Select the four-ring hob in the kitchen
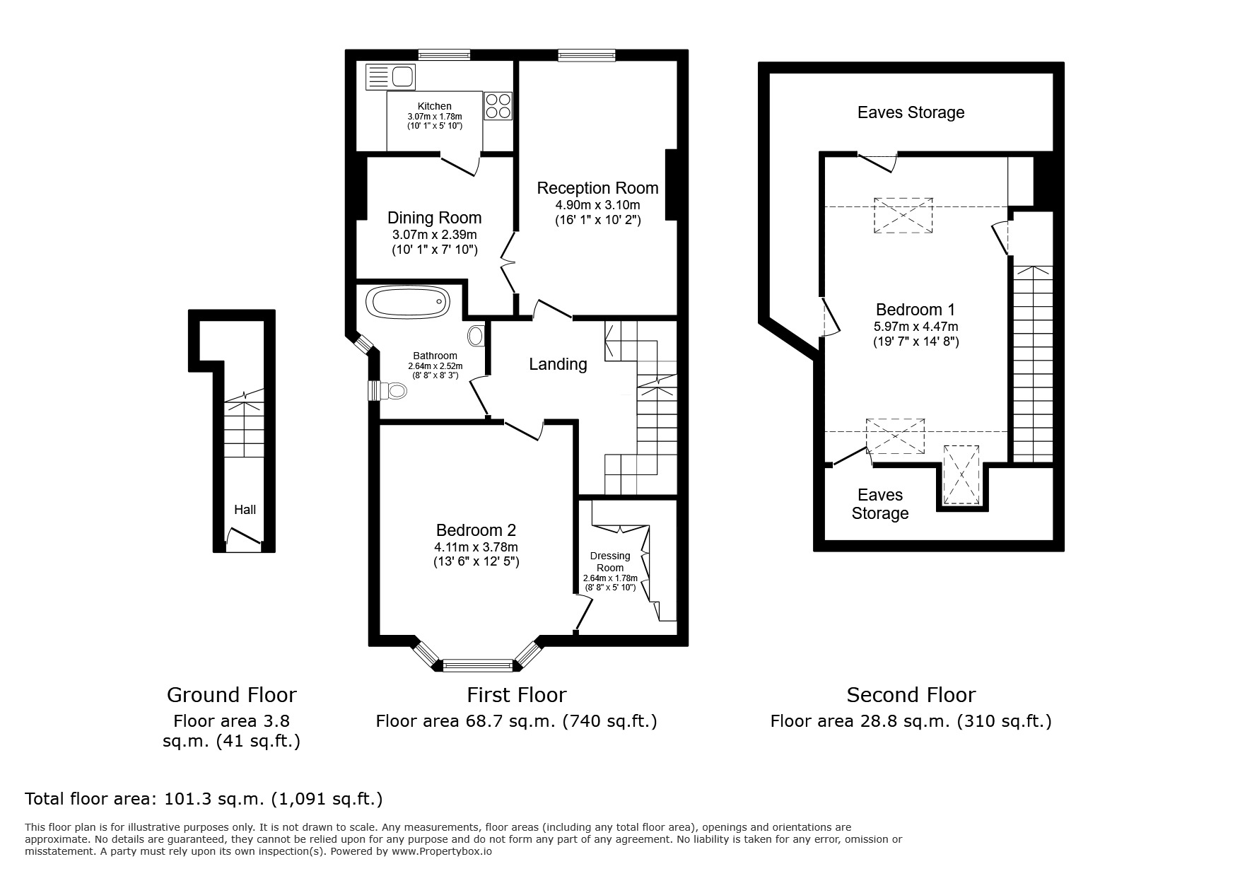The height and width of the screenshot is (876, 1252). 498,106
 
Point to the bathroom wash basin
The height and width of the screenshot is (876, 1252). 476,335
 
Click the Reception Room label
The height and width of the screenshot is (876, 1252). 597,188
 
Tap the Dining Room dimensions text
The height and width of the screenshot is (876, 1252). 434,242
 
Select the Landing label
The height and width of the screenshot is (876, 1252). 558,364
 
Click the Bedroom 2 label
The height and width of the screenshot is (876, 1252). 476,530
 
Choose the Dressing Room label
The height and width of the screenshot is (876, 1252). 610,561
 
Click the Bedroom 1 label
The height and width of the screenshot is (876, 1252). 915,310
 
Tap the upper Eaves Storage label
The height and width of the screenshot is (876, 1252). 911,112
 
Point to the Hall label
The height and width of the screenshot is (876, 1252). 245,510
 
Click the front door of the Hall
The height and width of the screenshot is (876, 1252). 243,542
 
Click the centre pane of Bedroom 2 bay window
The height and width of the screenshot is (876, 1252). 477,665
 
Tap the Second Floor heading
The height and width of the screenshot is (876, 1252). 911,695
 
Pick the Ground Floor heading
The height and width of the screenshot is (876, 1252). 231,695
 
